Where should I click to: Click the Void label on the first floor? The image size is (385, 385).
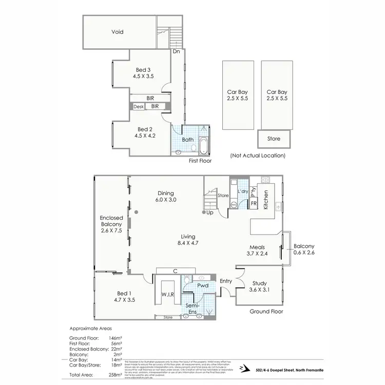coord(118,32)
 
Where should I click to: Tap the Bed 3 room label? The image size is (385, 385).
coord(144,70)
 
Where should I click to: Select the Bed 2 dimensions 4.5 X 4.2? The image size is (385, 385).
coord(144,137)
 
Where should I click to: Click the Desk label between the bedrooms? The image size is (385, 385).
coord(139,107)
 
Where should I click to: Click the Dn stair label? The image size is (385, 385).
coord(176,52)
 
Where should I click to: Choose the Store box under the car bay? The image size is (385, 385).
coord(274,139)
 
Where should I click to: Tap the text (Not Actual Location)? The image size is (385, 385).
coord(258,156)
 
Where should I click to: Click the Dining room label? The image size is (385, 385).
coord(166,193)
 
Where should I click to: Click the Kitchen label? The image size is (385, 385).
coord(266,200)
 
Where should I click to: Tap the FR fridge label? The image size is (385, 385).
coord(254,204)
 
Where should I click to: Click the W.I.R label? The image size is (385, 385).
coord(168,295)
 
